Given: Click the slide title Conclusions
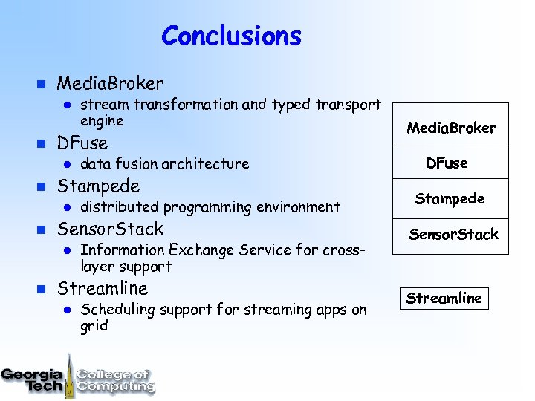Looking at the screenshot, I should [x=231, y=36].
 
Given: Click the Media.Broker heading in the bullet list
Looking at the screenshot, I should [x=110, y=83].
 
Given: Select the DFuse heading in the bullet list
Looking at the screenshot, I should [x=82, y=143].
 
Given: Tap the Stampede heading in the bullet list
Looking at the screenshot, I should [x=98, y=185].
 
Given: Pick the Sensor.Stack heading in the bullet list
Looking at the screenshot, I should [x=110, y=228].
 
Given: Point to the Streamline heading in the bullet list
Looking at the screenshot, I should [x=103, y=287].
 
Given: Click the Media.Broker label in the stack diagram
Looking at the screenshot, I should [x=451, y=128].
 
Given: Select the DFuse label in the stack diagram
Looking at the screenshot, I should [x=447, y=163].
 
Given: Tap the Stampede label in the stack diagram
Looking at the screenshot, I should [x=450, y=198].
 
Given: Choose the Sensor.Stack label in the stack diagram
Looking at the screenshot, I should [x=453, y=235].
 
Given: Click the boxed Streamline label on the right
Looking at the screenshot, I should [x=444, y=298].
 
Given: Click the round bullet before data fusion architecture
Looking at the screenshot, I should [x=65, y=164].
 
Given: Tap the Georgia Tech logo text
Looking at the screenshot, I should [x=32, y=379].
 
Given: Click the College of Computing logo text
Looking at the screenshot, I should [x=114, y=379].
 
